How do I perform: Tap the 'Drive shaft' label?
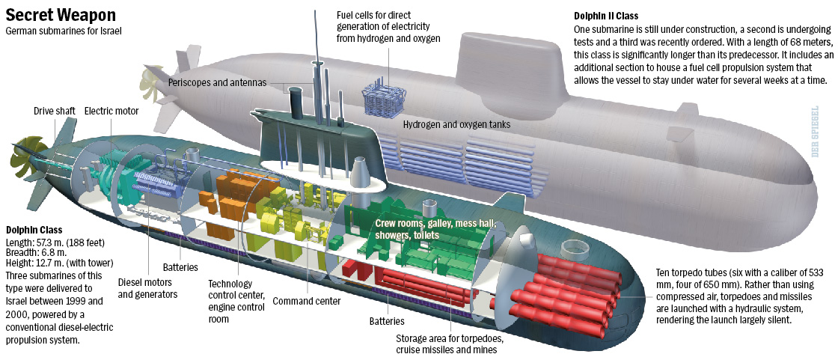(54, 112)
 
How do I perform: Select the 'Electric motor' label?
(110, 112)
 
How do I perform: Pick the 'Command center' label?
(307, 301)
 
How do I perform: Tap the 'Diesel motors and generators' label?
(147, 288)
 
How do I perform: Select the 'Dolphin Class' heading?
(34, 231)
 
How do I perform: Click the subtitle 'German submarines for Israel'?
(63, 31)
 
